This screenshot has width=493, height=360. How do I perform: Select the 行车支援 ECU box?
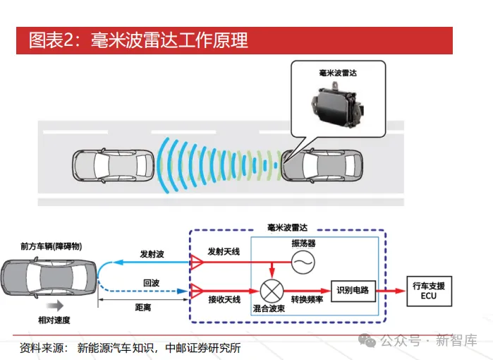click(429, 290)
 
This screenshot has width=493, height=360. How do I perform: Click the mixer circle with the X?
click(272, 289)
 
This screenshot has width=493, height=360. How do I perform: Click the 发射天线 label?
click(223, 251)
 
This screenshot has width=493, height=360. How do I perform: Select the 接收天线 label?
click(224, 300)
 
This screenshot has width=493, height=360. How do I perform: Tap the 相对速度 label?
click(54, 320)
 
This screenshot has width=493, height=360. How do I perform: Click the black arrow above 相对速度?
click(54, 307)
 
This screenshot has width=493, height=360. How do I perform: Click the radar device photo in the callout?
click(338, 102)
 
